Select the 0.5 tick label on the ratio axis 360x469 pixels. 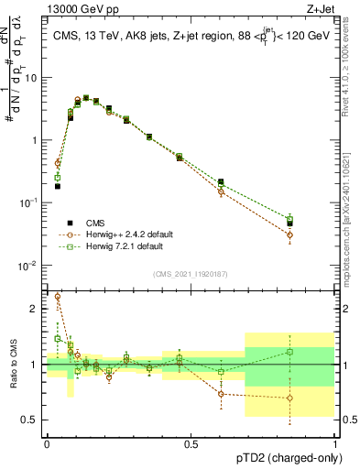[33, 420]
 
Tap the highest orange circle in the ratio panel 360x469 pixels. [58, 297]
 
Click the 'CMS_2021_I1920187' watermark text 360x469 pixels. [190, 274]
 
